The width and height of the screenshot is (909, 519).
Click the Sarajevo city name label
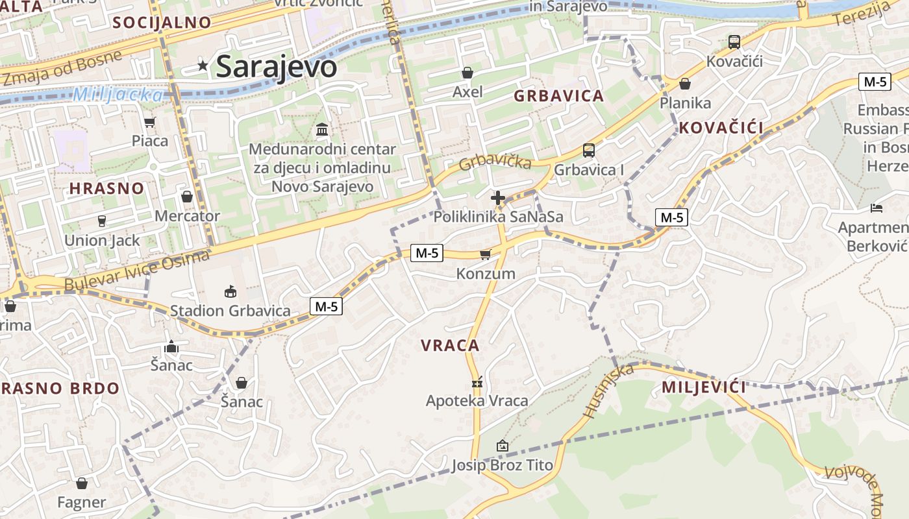(x=276, y=66)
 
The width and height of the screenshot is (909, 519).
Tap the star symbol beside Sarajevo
(x=203, y=65)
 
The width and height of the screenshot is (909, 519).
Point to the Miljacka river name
(x=118, y=95)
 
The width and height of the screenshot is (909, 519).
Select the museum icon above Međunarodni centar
(x=322, y=130)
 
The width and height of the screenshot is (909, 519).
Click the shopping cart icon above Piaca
(x=150, y=122)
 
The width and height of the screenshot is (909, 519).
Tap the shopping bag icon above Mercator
(x=187, y=197)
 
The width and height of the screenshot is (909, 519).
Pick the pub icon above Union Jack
(x=102, y=221)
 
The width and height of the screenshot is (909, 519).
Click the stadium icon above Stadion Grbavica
(x=230, y=291)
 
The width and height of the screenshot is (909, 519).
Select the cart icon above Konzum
(x=485, y=254)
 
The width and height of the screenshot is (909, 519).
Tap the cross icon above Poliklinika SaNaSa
(x=498, y=197)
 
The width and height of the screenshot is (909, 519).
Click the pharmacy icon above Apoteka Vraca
(x=477, y=381)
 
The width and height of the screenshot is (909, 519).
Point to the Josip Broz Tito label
(x=502, y=465)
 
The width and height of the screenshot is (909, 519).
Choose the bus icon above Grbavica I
(x=589, y=151)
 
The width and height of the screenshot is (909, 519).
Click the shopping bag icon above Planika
(x=685, y=84)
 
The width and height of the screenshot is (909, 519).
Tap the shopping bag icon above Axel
(x=467, y=73)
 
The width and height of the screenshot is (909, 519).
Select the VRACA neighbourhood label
(x=450, y=345)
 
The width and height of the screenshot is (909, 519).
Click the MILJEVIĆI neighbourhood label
(x=704, y=387)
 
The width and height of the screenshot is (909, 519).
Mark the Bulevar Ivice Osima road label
(x=137, y=270)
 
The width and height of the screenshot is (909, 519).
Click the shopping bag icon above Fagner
(x=82, y=483)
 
